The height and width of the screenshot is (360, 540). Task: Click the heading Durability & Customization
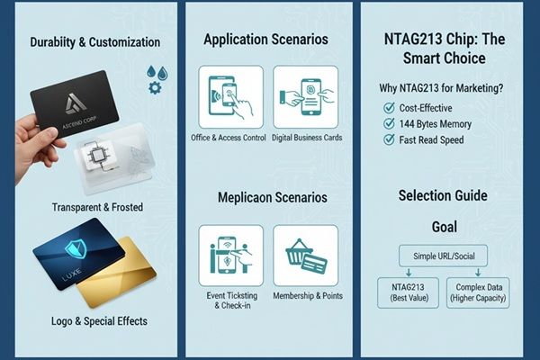coord(94,42)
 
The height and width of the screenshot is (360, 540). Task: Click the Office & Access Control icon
coord(230,97)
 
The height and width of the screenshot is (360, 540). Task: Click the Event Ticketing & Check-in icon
coord(230,256)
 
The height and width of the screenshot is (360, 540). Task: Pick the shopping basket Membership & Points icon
coord(305,256)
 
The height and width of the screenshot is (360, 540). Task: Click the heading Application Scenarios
coord(265,40)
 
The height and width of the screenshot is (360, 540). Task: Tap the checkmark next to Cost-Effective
coord(389,107)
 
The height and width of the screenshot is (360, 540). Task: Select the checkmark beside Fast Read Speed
coord(389,139)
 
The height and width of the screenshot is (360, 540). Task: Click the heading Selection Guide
coord(443,195)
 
